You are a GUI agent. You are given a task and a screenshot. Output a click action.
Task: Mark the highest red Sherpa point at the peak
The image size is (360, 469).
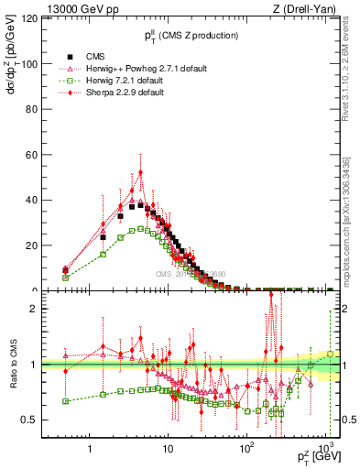point(140,172)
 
